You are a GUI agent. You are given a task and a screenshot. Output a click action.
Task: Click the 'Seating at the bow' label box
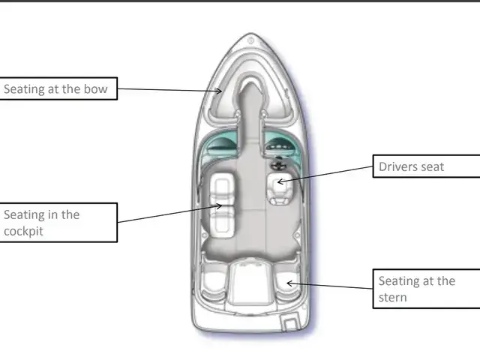click(x=58, y=89)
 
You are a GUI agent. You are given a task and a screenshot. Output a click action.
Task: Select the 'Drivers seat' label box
click(x=425, y=166)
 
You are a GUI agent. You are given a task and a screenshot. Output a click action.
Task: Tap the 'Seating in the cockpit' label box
click(x=58, y=222)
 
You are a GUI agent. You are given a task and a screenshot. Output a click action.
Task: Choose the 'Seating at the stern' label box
click(x=425, y=289)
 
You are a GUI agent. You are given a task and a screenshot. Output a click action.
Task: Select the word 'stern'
click(x=394, y=297)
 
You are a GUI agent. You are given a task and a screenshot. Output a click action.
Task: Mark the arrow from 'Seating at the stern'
click(x=330, y=286)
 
